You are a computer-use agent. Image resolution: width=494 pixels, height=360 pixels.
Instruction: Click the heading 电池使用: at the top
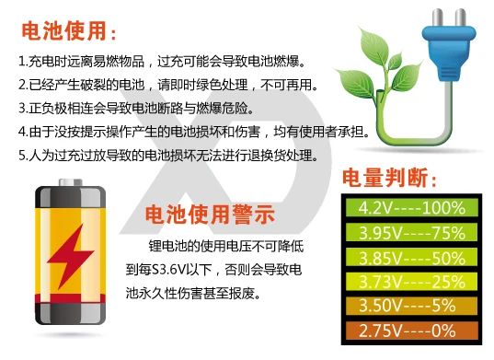point(69,31)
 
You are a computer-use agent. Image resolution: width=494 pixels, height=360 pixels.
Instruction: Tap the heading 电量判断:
point(389,178)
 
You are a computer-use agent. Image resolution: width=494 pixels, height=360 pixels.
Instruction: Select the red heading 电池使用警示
point(210,215)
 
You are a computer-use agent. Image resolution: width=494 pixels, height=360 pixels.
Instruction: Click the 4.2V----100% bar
point(412,207)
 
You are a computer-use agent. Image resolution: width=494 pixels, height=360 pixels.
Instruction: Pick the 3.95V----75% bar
point(412,232)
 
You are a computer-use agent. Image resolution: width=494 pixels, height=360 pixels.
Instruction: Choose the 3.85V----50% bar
point(412,257)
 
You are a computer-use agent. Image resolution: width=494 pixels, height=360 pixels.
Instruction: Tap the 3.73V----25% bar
point(412,281)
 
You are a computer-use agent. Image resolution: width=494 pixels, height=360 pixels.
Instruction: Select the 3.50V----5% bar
point(412,306)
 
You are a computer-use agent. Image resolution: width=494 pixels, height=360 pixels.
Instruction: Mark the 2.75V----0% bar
point(412,331)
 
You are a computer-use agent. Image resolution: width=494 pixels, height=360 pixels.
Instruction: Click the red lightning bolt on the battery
point(71,256)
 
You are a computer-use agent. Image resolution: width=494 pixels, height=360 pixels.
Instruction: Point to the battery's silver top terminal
point(71,182)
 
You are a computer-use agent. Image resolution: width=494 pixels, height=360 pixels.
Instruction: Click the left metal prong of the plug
point(437,17)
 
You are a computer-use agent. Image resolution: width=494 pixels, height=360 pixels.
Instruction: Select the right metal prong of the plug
point(460,17)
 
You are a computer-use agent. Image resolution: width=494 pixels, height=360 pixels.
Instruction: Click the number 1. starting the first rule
point(23,61)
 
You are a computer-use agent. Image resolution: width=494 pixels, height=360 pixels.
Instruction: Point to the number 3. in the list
point(23,108)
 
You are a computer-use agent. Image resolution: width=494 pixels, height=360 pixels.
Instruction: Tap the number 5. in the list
point(23,155)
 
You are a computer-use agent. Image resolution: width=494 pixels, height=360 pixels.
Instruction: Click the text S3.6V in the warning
point(168,270)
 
